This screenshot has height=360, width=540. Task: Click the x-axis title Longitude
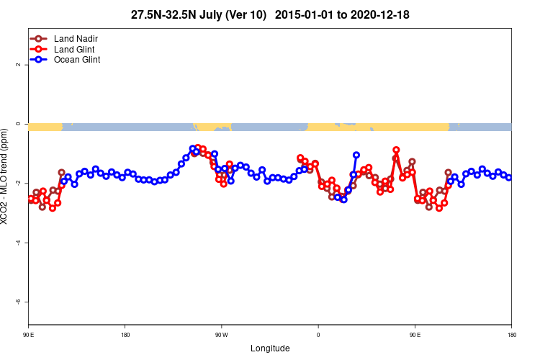click(x=270, y=348)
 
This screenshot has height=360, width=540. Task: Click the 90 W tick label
click(x=221, y=334)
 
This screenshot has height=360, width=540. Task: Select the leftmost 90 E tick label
click(x=29, y=334)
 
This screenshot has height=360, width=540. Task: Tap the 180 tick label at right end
click(x=511, y=334)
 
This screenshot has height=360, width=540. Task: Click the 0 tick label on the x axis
click(x=318, y=334)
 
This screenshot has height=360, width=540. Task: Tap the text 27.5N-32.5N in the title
click(x=159, y=14)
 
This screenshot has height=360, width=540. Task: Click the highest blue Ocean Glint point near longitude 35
click(x=356, y=155)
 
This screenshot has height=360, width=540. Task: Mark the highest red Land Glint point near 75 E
click(x=396, y=150)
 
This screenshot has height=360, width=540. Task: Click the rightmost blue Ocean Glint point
click(x=509, y=177)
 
